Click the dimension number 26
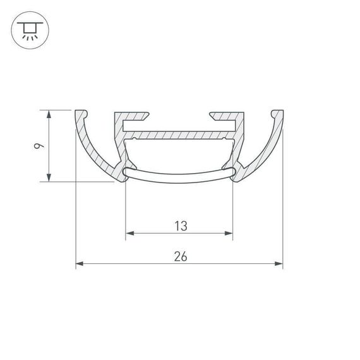(x=180, y=256)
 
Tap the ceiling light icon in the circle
(x=28, y=29)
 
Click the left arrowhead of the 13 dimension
(x=129, y=234)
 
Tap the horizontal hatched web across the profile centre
(x=180, y=135)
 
